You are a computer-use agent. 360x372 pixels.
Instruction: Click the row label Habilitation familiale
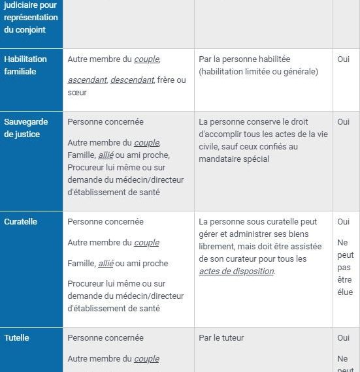coord(25,65)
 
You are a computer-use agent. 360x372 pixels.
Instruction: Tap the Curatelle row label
coord(21,222)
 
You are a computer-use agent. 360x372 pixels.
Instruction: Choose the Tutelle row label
coord(17,338)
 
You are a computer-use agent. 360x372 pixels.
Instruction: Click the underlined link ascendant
coord(88,80)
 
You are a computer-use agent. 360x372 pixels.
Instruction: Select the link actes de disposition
coord(237,271)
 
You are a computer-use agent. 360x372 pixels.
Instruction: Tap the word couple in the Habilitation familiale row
coord(146,59)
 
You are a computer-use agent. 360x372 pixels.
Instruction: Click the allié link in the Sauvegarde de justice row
coord(105,155)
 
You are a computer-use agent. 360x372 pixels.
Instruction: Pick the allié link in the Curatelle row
coord(105,264)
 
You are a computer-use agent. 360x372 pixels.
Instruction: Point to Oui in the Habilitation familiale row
coord(344,59)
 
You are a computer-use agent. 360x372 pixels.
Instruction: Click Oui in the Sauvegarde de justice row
coord(344,122)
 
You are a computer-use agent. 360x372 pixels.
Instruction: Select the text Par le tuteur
coord(221,338)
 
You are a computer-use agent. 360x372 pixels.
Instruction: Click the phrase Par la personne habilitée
coord(244,59)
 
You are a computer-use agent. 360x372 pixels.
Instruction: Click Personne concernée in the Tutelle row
coord(105,338)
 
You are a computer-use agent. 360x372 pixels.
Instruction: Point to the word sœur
coord(77,93)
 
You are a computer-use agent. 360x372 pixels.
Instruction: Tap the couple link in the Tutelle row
coord(146,359)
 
